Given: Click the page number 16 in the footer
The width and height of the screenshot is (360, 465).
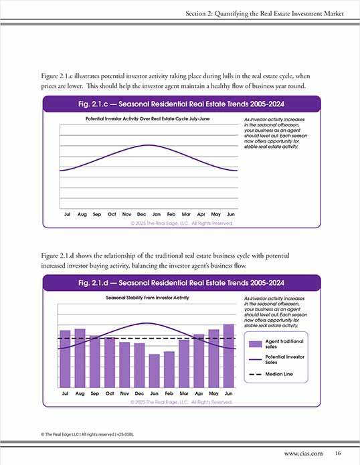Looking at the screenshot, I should coord(339,453).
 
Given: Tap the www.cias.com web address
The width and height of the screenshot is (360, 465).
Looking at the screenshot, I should coord(304,453).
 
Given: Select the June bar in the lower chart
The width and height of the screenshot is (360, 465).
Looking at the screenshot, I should coord(228,356).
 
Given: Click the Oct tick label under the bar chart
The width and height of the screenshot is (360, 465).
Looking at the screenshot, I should coord(110,393).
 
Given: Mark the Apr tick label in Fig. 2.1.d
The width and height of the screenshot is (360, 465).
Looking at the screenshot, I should coord(199,393).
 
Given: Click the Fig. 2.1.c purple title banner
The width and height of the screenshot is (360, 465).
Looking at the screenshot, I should coord(180,104).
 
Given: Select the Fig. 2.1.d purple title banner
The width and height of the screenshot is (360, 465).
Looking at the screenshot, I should coord(180,282).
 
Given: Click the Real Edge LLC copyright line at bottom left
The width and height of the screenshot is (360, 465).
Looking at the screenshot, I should coord(81,434).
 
